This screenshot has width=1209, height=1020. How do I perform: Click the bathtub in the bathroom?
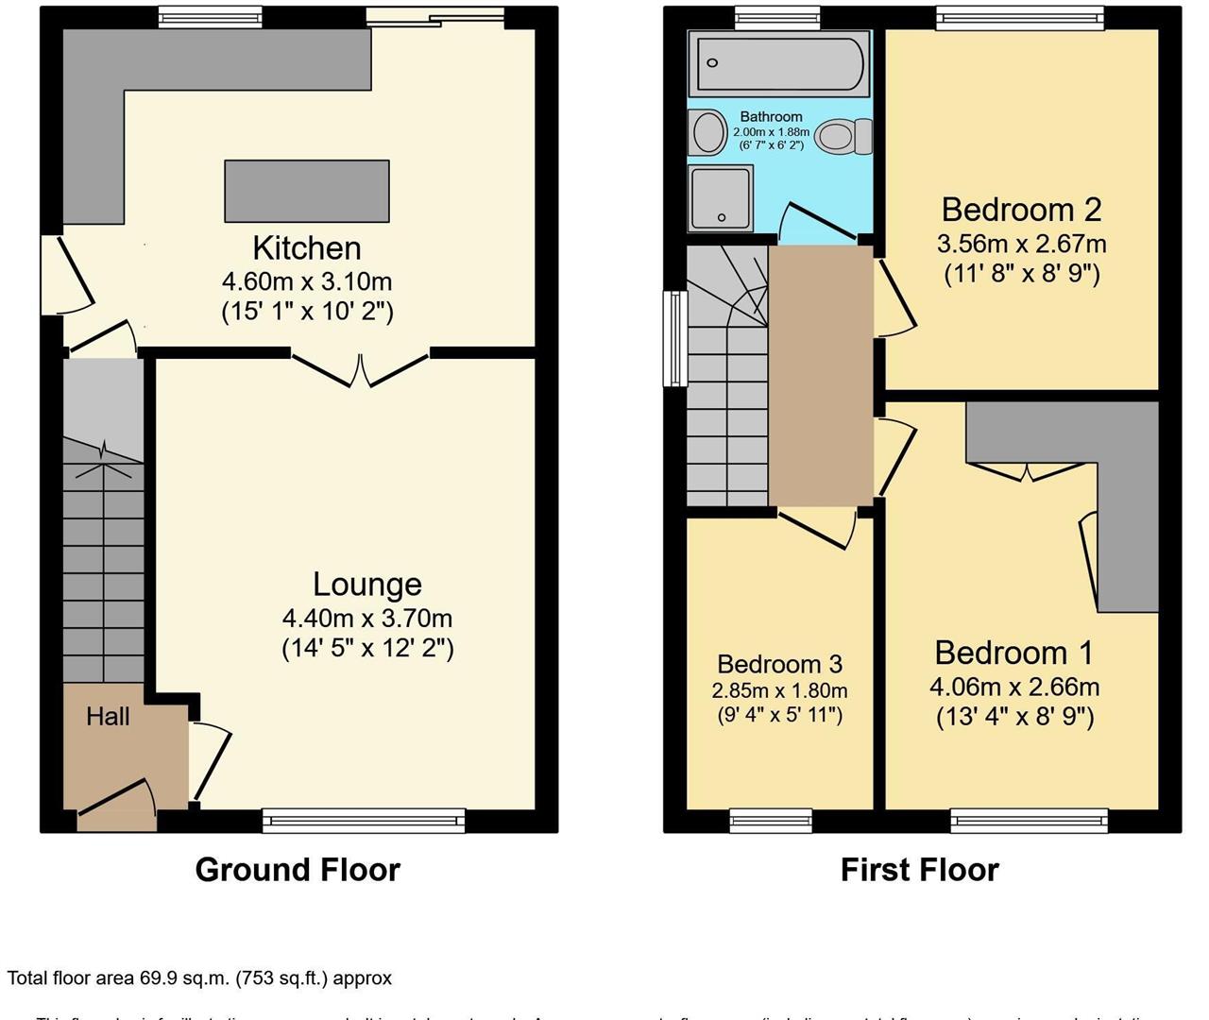778,63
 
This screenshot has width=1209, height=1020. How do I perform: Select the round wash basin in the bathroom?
707,132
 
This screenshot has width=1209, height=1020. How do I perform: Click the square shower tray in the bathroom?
721,198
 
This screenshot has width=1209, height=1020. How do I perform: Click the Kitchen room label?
306,248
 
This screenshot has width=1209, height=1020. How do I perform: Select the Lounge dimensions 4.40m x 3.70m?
366,619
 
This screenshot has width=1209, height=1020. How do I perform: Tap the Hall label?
108,717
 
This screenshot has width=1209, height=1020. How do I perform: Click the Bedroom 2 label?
1021,209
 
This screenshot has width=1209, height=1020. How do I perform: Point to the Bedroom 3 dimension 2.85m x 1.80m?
779,690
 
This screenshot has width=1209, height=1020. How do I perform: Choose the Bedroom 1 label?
1013,653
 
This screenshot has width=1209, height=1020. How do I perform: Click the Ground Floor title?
298,870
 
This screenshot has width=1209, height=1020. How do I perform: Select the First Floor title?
919,870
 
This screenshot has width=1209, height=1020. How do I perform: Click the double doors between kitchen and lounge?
360,368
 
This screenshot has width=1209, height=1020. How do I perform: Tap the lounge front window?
364,821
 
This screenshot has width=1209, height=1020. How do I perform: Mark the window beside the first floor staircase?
675,338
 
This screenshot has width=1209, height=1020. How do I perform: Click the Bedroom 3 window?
771,821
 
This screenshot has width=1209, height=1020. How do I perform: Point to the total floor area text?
199,978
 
